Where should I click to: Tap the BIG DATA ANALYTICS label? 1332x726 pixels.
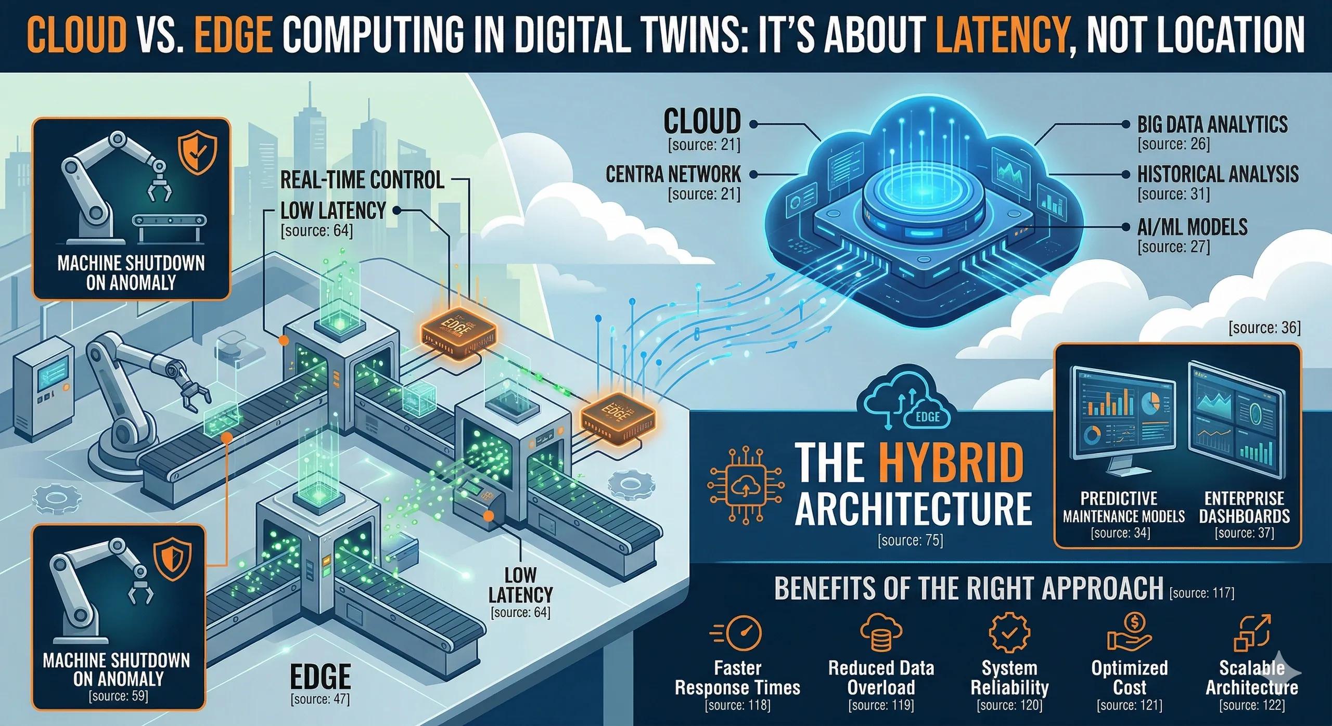[1212, 125]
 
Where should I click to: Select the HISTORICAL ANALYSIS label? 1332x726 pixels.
[1217, 174]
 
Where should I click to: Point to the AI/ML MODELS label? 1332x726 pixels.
[1192, 227]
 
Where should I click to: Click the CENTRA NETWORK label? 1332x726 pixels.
[673, 174]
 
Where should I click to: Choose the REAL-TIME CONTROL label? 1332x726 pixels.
[362, 180]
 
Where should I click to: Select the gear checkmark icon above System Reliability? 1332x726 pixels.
[1008, 633]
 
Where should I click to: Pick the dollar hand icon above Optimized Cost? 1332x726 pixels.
[1129, 632]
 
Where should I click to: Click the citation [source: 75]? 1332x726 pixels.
[910, 541]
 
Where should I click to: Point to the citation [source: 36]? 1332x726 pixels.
[1264, 328]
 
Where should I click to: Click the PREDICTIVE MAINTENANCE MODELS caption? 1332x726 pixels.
[1124, 507]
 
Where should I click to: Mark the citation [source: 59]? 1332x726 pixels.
[119, 696]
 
